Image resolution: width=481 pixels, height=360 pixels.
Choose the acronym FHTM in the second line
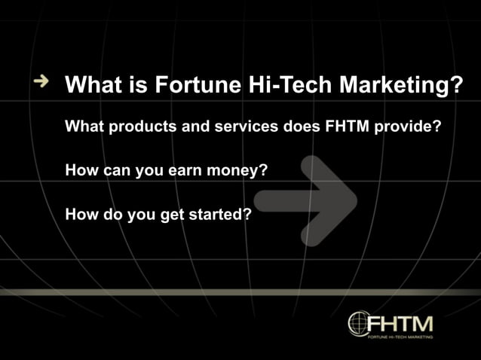point(347,127)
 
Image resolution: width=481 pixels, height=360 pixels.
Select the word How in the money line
point(81,170)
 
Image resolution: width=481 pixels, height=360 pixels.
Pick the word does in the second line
point(301,127)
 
